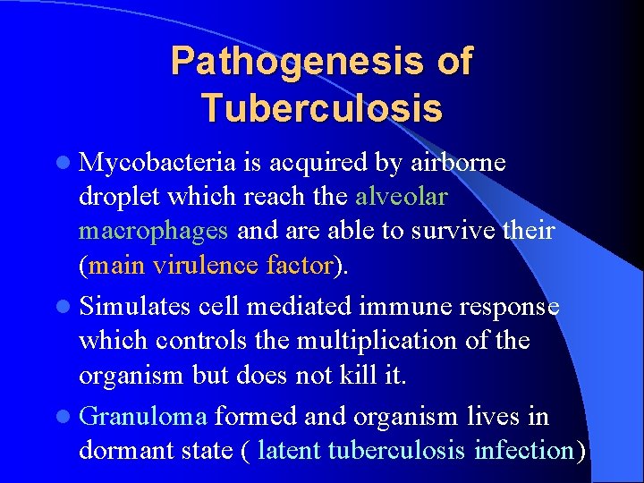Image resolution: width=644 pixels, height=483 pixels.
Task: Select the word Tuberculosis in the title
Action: pos(321,108)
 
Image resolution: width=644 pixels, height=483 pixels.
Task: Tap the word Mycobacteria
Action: pos(157,162)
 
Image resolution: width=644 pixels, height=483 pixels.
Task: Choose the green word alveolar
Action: pos(402,196)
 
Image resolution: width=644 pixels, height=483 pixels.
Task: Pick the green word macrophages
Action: pos(154,231)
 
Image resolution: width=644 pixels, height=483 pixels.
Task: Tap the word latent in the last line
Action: pos(290,451)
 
